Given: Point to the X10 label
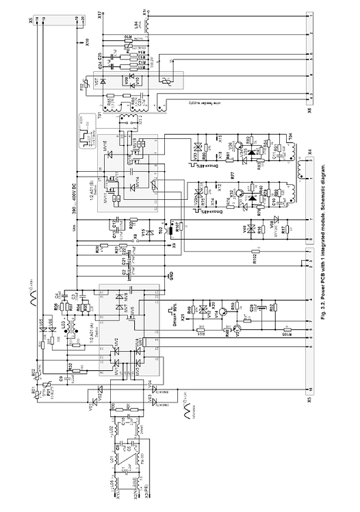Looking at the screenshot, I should pos(89,42).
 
